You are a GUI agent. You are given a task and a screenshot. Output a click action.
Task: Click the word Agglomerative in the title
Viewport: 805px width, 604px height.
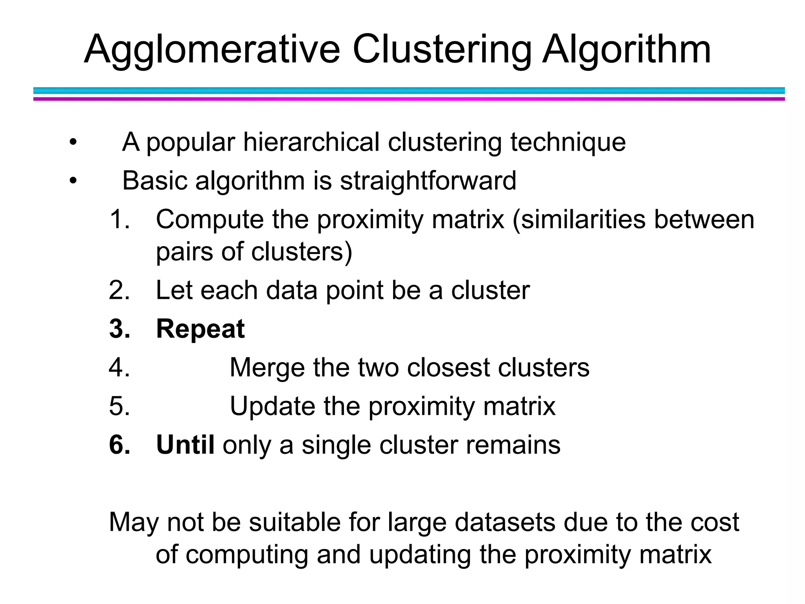coord(212,50)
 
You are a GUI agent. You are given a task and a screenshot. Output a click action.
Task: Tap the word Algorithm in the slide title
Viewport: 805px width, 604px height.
coord(627,50)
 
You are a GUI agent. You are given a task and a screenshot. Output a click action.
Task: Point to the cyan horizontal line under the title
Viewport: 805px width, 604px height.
coord(409,90)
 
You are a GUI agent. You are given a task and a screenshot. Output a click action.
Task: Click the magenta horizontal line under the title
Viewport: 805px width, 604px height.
coord(409,99)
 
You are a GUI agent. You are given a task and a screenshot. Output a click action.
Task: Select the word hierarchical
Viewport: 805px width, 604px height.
coord(311,142)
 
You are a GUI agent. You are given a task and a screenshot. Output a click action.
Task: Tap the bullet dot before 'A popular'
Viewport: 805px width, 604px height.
coord(73,142)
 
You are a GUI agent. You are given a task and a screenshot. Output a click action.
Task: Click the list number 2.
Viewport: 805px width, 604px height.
coord(119,291)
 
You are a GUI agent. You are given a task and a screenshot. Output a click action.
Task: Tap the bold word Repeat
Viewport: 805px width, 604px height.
coord(200,329)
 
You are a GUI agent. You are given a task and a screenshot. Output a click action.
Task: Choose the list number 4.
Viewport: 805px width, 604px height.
coord(119,368)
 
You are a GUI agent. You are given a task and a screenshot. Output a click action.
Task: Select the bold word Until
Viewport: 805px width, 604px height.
coord(185,445)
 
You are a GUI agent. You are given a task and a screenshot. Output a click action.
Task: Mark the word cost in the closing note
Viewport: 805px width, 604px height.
coord(715,523)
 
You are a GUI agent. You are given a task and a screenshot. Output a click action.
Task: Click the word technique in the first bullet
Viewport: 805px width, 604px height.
coord(568,142)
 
